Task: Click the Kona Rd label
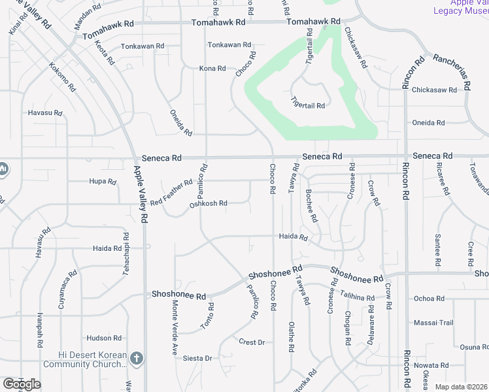[x=212, y=68]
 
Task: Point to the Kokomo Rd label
[x=63, y=77]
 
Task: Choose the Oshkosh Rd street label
[x=208, y=204]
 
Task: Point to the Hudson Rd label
[x=104, y=338]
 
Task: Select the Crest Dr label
[x=251, y=342]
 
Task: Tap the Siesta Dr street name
[x=197, y=358]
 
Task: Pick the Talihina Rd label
[x=358, y=298]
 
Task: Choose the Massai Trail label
[x=433, y=323]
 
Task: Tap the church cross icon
[x=135, y=358]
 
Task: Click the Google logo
[x=22, y=384]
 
